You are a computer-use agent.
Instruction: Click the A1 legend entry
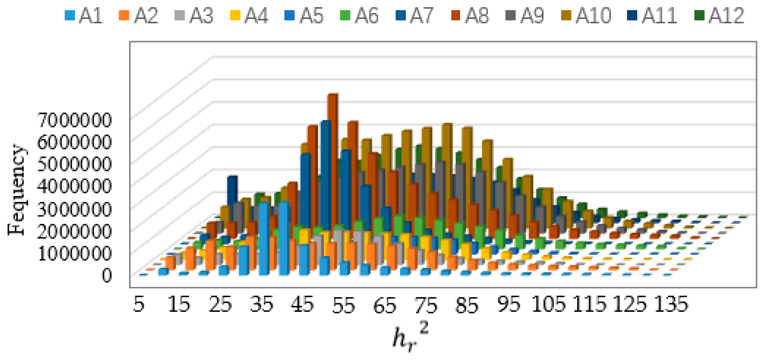(x=84, y=15)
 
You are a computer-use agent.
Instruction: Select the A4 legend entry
(x=249, y=15)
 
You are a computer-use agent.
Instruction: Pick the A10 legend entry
(x=586, y=15)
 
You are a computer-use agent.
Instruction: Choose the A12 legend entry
(x=720, y=15)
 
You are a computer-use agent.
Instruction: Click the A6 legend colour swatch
(x=345, y=15)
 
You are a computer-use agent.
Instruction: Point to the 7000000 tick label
(x=74, y=120)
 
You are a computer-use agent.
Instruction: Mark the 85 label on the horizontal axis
(x=467, y=305)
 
